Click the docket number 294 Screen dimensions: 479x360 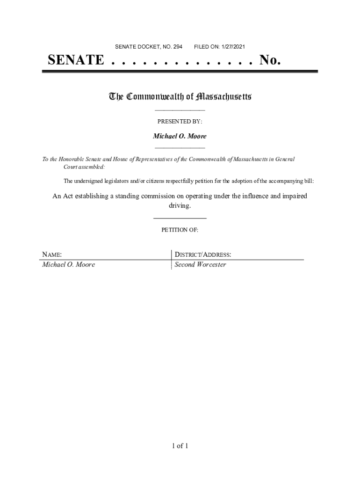[x=178, y=47]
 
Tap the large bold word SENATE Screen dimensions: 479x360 [x=76, y=60]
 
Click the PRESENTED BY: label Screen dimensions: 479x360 [x=180, y=122]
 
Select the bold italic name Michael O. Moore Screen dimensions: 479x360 [x=180, y=136]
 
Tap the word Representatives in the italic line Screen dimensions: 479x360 [x=160, y=160]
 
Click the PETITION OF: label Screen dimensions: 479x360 [x=180, y=230]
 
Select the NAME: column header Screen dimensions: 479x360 [x=52, y=255]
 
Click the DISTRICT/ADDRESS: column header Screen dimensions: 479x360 [x=203, y=255]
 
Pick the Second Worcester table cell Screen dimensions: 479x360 [x=200, y=265]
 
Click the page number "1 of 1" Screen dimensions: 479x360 [x=180, y=446]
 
